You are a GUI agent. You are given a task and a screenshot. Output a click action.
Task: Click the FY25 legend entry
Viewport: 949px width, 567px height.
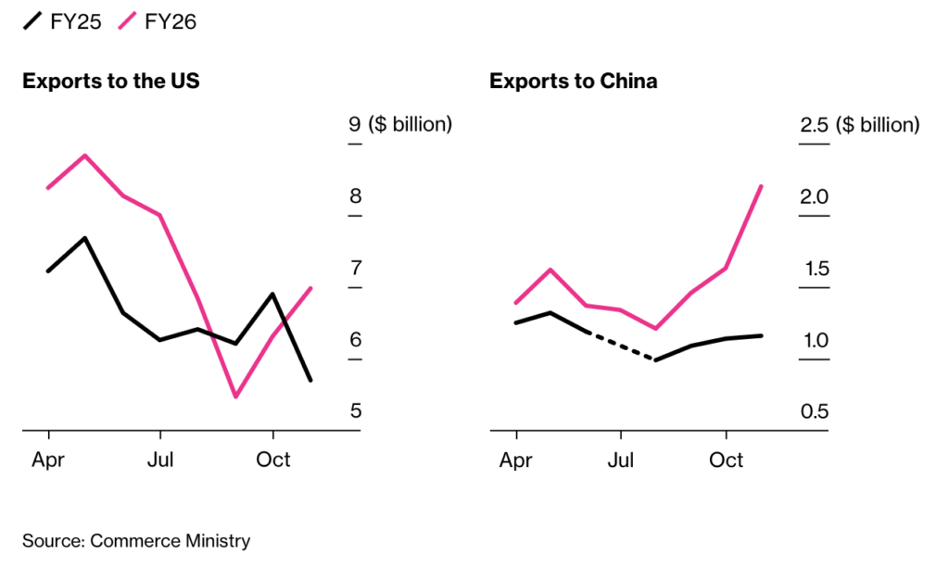tap(61, 20)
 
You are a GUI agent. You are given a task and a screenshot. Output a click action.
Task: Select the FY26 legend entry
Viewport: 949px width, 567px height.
tap(157, 20)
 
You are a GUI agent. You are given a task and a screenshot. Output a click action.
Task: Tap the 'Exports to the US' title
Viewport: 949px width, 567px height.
tap(111, 82)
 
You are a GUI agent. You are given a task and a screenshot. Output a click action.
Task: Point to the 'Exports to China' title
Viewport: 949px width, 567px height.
tap(574, 82)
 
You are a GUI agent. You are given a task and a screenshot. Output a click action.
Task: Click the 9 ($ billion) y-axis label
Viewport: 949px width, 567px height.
tap(400, 124)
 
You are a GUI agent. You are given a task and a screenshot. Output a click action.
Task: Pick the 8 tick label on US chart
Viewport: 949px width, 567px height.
tap(355, 196)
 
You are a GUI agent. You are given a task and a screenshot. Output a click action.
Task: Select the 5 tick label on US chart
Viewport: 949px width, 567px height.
tap(355, 411)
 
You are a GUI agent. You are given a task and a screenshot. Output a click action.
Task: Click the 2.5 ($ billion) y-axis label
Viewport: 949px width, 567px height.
tap(860, 124)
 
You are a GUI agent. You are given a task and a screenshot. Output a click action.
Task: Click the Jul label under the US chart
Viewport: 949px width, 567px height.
tap(160, 460)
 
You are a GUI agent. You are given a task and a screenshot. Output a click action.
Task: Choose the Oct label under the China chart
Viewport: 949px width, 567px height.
tap(727, 460)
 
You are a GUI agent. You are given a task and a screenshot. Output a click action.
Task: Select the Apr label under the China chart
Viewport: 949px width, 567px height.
tap(516, 460)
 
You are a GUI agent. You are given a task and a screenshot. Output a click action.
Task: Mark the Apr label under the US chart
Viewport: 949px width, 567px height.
tap(48, 460)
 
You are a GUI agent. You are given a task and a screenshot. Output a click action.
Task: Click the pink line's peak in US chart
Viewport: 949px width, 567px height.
tap(85, 156)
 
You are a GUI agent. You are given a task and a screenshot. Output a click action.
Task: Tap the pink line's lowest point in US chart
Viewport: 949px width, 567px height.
tap(235, 397)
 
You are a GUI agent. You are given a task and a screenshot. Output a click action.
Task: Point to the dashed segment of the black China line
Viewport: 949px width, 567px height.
tap(621, 345)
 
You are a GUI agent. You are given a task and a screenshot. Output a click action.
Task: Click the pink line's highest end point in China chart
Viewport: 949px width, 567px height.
tap(762, 186)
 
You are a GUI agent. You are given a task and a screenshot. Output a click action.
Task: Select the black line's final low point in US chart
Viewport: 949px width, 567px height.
tap(310, 380)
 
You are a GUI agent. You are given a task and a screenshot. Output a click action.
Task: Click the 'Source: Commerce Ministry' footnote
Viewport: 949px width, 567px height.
tap(136, 541)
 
